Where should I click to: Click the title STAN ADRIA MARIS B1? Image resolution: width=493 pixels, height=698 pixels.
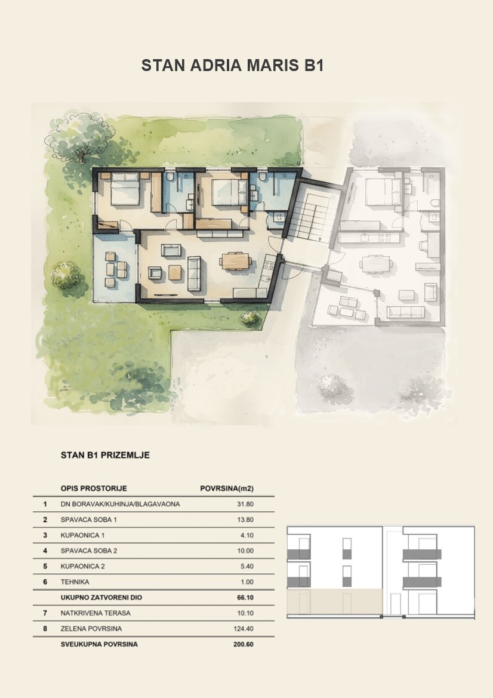click(232, 66)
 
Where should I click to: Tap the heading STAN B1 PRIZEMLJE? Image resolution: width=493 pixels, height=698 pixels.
click(105, 455)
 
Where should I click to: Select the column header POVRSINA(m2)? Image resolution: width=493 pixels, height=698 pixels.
click(227, 488)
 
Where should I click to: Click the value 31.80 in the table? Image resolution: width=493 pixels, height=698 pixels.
click(245, 505)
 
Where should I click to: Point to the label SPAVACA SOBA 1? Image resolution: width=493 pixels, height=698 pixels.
click(89, 519)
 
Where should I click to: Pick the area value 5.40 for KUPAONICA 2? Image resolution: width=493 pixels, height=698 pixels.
click(246, 566)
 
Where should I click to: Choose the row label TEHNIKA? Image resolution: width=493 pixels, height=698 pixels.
click(75, 582)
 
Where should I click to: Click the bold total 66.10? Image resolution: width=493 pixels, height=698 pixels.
click(245, 598)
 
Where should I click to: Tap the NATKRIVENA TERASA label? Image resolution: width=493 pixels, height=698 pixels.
click(95, 613)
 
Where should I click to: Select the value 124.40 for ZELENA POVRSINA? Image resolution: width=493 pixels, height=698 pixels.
click(244, 629)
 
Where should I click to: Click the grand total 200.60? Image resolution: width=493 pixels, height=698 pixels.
click(244, 644)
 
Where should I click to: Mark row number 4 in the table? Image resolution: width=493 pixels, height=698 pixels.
click(45, 551)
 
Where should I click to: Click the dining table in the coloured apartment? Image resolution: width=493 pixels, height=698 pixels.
click(235, 261)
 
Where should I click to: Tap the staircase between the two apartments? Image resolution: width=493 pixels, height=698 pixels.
click(314, 217)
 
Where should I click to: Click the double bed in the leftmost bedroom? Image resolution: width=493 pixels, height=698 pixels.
click(125, 189)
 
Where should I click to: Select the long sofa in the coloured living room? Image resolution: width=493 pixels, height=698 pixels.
click(194, 274)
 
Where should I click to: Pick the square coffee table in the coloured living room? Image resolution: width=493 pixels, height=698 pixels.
click(175, 272)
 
